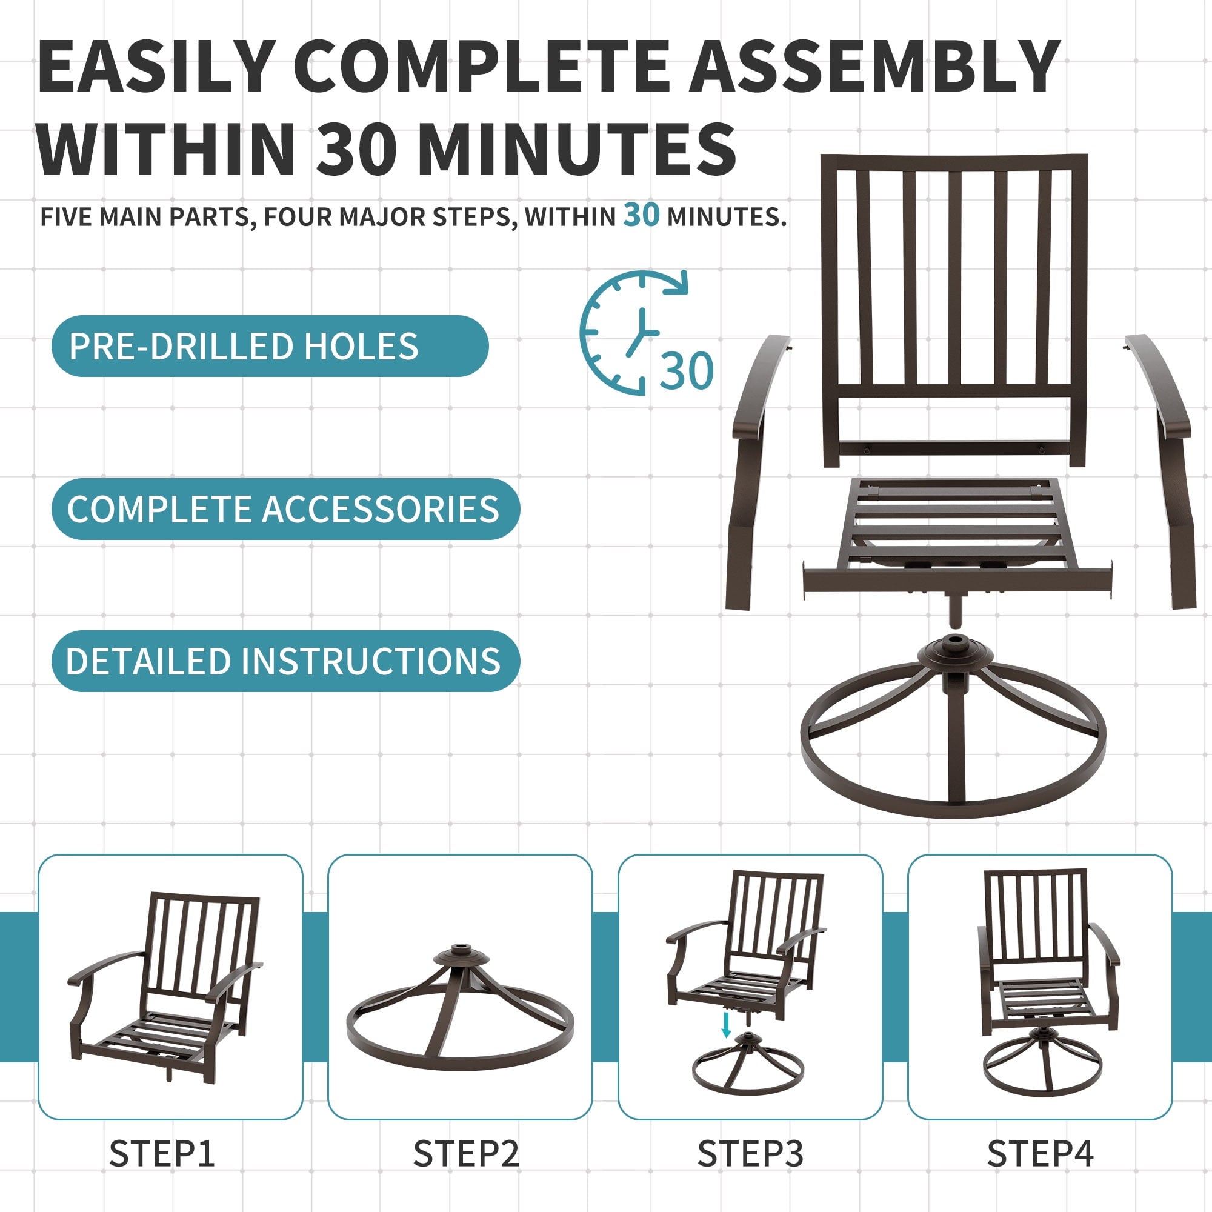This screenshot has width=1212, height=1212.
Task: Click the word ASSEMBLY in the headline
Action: point(874,67)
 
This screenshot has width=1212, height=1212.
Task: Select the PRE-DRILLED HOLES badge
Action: point(270,345)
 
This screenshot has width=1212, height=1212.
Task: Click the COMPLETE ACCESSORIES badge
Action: point(285,509)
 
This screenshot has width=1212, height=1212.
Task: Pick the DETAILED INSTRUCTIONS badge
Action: point(285,661)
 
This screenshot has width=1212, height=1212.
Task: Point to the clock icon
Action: point(634,333)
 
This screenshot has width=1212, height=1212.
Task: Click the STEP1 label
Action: point(162,1154)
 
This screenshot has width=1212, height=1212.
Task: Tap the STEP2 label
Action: point(466,1154)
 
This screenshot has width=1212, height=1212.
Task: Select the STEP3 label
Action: point(750,1154)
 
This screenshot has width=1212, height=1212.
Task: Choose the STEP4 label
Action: point(1040,1154)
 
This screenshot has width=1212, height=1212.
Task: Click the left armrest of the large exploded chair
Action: point(756,470)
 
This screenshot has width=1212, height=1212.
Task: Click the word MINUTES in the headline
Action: point(577,149)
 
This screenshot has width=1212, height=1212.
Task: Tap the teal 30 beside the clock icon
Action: point(687,371)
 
